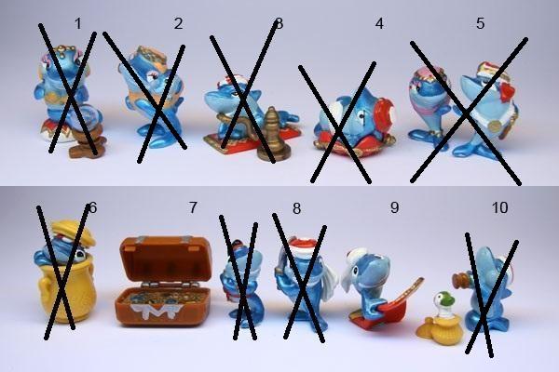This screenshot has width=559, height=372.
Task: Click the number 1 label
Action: click(x=78, y=24)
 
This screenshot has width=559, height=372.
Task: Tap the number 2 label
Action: click(x=179, y=24)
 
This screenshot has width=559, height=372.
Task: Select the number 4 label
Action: click(x=379, y=24)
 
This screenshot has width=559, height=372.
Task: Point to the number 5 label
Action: click(x=480, y=23)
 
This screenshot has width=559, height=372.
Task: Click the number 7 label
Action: click(x=193, y=207)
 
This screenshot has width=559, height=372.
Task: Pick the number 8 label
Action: click(x=296, y=208)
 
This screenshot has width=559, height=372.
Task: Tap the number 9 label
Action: click(x=394, y=207)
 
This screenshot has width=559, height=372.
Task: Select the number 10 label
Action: click(x=499, y=207)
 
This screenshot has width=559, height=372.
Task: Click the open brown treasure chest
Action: click(x=164, y=280)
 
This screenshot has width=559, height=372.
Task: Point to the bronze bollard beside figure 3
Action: click(x=272, y=135)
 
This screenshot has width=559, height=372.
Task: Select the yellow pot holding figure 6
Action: click(x=67, y=293)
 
